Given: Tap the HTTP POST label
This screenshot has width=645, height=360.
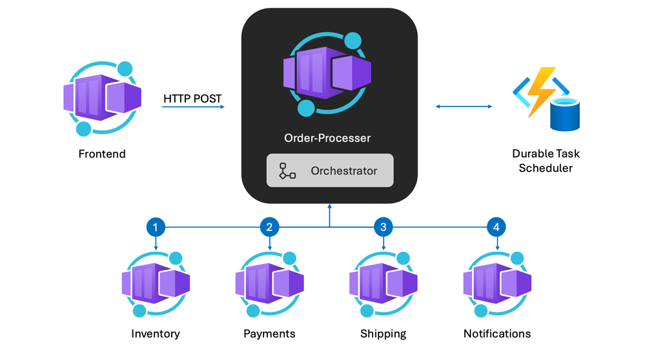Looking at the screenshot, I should point(192,99).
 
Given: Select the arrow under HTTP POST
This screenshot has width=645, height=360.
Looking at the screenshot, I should point(193,107).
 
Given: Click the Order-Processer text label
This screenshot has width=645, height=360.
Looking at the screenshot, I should point(327,138).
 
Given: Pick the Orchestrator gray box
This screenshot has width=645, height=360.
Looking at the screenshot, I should point(329,170).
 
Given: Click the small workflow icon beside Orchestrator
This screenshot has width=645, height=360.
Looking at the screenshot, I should point(287,171).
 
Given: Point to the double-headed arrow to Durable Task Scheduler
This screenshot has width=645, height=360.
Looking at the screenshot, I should point(464,106).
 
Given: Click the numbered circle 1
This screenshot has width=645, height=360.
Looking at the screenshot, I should point(156,226).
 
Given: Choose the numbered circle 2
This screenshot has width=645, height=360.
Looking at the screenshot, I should point(269,226).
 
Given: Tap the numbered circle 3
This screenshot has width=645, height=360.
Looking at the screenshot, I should point(384,226).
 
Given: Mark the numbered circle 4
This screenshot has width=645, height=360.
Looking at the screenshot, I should point(497,226).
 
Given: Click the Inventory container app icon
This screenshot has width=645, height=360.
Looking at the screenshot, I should point(156,285).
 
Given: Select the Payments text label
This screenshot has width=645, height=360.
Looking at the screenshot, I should point(269,334).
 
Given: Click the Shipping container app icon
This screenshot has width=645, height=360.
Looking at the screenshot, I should point(384,285).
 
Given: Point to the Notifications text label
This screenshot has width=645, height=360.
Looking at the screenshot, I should point(497,334).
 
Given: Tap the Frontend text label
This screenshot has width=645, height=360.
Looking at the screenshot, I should point(102,154).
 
